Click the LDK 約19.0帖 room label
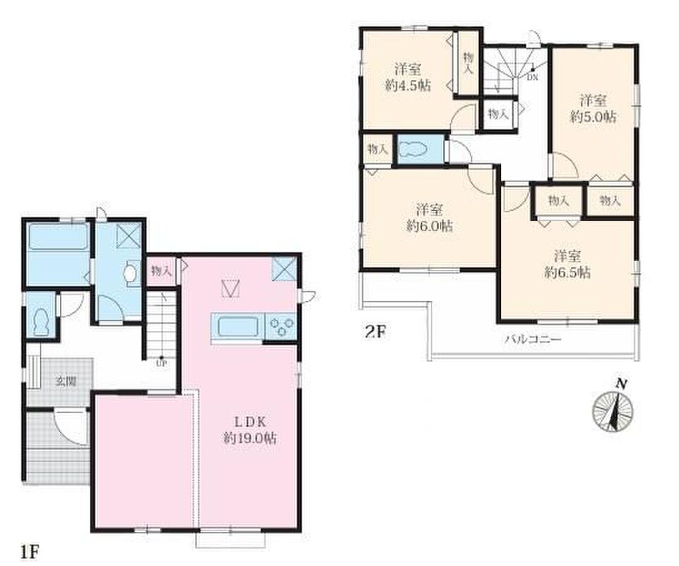tap(250, 429)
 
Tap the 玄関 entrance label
tap(66, 381)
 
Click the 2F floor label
tap(375, 332)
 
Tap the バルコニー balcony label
tap(533, 339)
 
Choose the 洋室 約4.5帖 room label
tap(408, 77)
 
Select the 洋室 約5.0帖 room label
tap(593, 108)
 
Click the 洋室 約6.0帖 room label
tap(429, 218)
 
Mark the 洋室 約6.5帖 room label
tap(567, 264)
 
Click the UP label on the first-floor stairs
tap(161, 364)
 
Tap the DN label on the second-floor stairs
tap(533, 78)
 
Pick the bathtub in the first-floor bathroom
tap(58, 236)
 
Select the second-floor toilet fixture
tap(413, 150)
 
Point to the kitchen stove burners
tap(283, 325)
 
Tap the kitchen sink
tap(237, 327)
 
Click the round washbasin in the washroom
tap(130, 273)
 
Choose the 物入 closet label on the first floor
tap(161, 272)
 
